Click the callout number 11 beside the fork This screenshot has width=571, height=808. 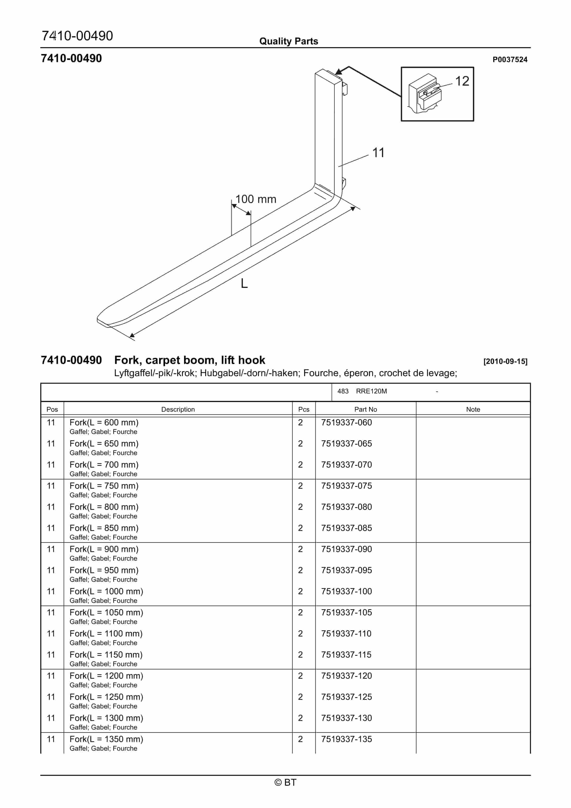378,153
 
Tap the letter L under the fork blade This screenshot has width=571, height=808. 244,283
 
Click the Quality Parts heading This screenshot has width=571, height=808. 288,41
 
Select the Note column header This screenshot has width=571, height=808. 473,409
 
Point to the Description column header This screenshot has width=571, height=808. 178,409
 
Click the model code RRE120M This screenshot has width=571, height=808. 371,391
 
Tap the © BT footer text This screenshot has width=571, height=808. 285,782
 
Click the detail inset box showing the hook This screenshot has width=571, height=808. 437,94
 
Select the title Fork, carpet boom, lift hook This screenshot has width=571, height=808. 189,360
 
